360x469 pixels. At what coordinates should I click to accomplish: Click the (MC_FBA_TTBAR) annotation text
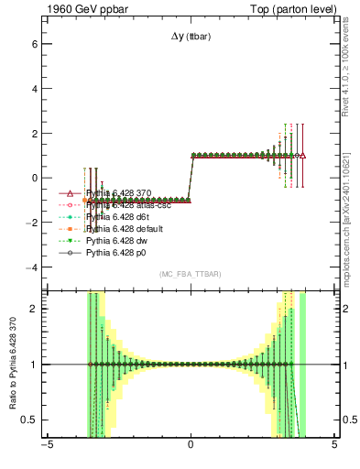pyautogui.click(x=191, y=275)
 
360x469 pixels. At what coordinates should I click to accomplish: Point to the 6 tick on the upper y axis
pyautogui.click(x=33, y=43)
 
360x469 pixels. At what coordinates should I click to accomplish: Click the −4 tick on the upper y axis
pyautogui.click(x=30, y=267)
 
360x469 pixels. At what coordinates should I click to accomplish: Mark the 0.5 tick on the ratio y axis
pyautogui.click(x=28, y=420)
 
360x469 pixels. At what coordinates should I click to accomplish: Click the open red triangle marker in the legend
pyautogui.click(x=71, y=193)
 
